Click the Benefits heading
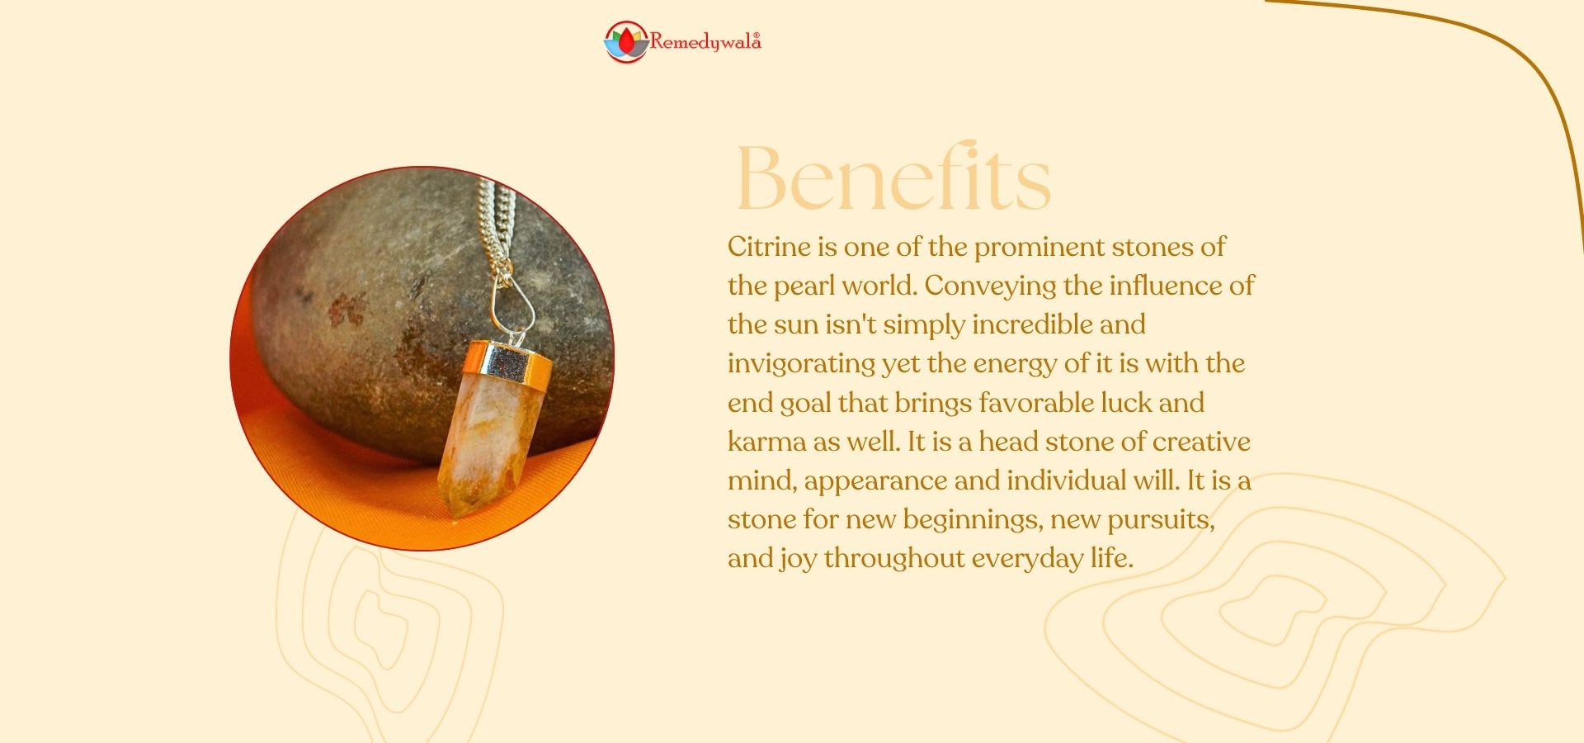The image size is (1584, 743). (893, 177)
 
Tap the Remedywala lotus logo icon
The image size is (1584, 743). (626, 42)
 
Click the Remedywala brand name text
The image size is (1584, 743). (705, 41)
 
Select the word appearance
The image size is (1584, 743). (874, 480)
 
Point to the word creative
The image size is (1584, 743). (1201, 442)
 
